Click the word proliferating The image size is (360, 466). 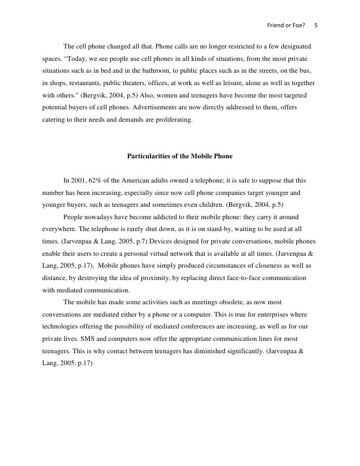point(172,120)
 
